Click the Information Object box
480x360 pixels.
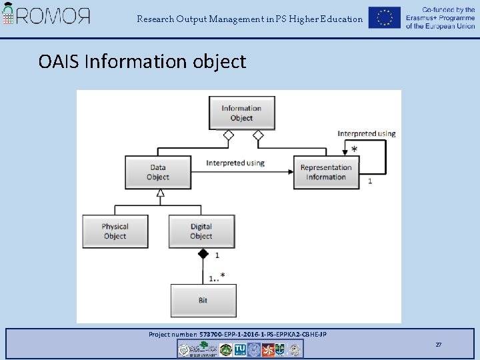tap(241, 113)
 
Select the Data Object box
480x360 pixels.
tap(158, 172)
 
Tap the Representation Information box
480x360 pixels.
tap(326, 172)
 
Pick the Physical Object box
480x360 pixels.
tap(115, 231)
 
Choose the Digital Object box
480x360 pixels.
tap(201, 231)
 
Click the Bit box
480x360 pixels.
tap(203, 300)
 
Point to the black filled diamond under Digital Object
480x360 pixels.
tap(203, 254)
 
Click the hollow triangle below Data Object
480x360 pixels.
tap(160, 193)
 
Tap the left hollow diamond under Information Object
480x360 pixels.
tap(229, 135)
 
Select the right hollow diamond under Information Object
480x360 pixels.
tap(258, 135)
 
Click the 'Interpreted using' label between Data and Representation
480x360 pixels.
tap(235, 163)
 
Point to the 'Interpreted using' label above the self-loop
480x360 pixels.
tap(366, 133)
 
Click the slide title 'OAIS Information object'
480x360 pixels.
tap(142, 61)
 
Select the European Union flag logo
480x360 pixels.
tap(384, 18)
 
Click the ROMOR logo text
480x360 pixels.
tap(53, 16)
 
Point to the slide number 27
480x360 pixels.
tap(438, 344)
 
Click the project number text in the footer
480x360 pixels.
tap(237, 334)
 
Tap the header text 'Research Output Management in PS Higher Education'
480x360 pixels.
tap(250, 19)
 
